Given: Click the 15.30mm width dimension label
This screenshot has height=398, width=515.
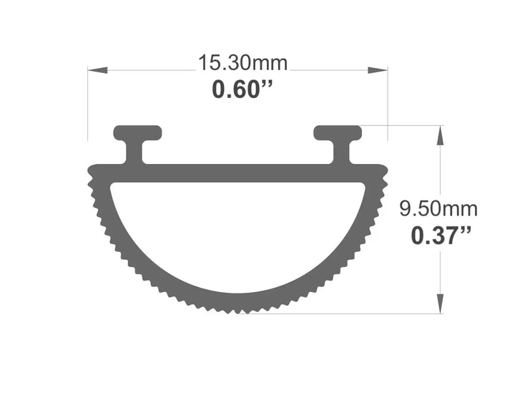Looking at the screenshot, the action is pyautogui.click(x=242, y=63).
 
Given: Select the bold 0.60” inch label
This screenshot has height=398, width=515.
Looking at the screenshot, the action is pyautogui.click(x=242, y=89).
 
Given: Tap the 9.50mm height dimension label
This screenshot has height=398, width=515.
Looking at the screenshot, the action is pyautogui.click(x=438, y=208).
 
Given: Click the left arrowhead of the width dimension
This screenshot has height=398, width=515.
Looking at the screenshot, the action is pyautogui.click(x=97, y=70).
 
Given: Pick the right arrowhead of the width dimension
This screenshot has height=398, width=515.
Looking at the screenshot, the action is pyautogui.click(x=378, y=70).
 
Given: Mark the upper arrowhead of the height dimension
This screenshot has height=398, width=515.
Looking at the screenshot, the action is pyautogui.click(x=441, y=135).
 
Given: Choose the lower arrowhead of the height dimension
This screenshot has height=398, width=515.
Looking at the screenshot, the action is pyautogui.click(x=441, y=304).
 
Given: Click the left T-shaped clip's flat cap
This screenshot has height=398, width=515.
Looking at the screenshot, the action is pyautogui.click(x=137, y=132).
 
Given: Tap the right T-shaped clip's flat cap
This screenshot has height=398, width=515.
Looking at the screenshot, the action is pyautogui.click(x=338, y=132).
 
